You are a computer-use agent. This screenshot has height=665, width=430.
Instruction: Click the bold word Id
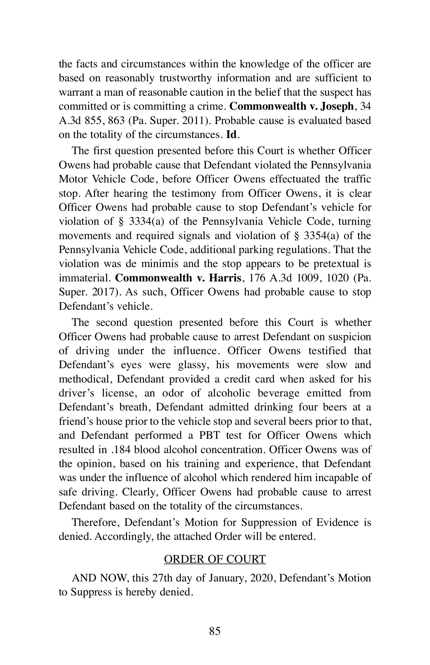(231, 135)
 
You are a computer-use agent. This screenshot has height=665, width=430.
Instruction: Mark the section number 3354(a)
(326, 236)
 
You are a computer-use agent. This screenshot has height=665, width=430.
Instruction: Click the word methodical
(85, 379)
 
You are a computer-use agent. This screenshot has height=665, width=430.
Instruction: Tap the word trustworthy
(185, 78)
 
